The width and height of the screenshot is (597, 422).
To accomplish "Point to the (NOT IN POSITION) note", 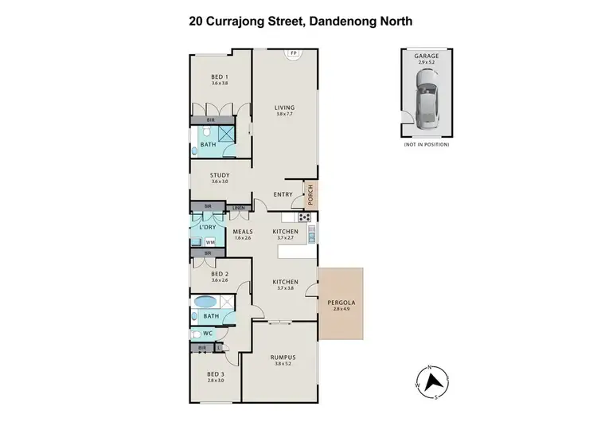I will (426, 145).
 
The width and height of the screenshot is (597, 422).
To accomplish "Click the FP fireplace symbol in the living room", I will (294, 53).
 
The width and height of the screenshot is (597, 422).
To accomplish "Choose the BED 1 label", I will (220, 76).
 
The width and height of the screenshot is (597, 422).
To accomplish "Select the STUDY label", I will (220, 175).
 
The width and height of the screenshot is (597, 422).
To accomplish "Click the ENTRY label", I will (283, 194).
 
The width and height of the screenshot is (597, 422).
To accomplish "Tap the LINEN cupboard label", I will (239, 207).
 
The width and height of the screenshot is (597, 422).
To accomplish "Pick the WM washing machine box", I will (210, 241).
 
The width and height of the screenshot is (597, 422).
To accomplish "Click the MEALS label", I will (242, 232).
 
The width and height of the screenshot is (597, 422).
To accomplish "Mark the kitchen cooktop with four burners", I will (303, 217).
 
